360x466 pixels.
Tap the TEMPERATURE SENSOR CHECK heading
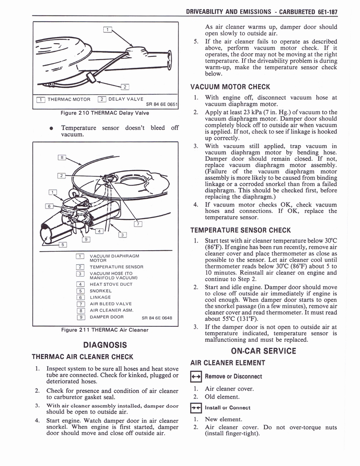[240, 230]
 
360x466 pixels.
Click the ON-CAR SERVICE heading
[264, 351]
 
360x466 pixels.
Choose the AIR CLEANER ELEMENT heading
[228, 363]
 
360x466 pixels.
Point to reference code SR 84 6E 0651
[162, 104]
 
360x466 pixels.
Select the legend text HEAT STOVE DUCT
[111, 284]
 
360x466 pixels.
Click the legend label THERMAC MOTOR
[69, 99]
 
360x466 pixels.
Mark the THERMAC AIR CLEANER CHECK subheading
[82, 357]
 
